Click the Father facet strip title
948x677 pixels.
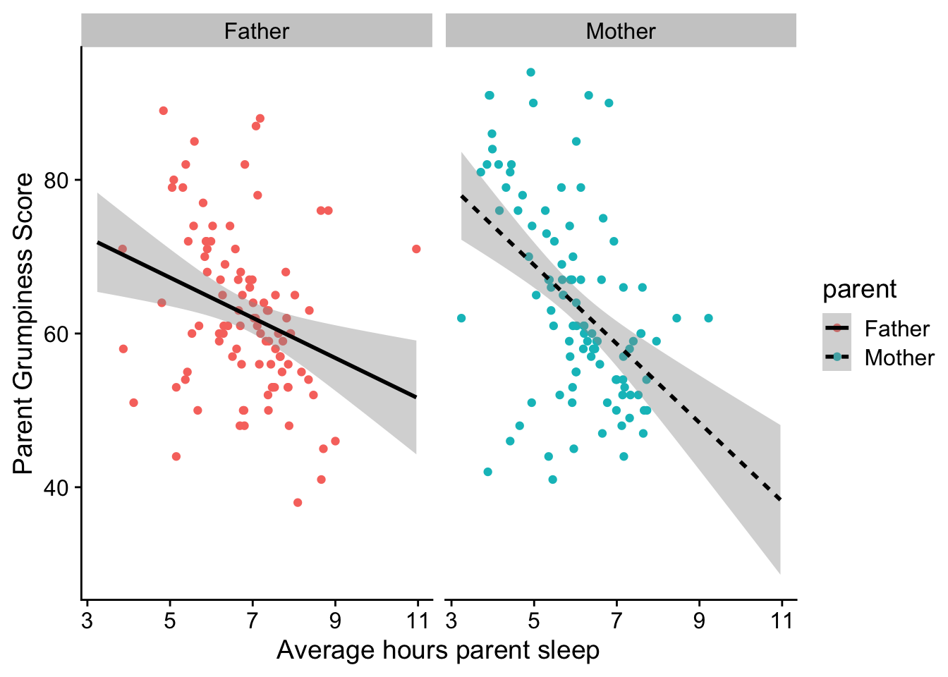(x=256, y=32)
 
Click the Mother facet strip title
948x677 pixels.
(x=620, y=32)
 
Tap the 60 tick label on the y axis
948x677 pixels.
(x=56, y=334)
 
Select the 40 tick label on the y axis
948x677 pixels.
(x=56, y=487)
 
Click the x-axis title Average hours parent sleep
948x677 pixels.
(x=437, y=650)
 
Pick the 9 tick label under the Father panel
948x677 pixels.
(x=335, y=621)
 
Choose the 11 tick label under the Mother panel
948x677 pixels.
(x=781, y=621)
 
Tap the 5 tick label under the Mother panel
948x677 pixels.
(x=534, y=621)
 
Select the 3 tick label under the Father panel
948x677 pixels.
(x=87, y=621)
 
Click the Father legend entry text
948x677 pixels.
(x=897, y=329)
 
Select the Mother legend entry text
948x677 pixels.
(x=899, y=358)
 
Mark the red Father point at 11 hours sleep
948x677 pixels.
(x=416, y=249)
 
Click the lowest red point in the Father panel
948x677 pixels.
(x=298, y=503)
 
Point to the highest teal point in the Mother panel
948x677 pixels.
(x=531, y=73)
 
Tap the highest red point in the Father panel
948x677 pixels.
(x=164, y=111)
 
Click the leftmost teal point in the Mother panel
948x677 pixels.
(x=461, y=318)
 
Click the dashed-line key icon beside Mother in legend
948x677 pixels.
(x=837, y=358)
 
